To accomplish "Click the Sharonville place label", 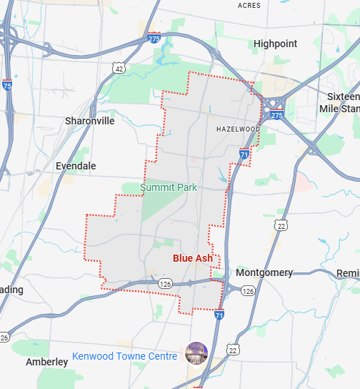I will click(x=89, y=121).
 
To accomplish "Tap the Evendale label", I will click(x=76, y=165).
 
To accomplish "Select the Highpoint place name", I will click(x=275, y=44).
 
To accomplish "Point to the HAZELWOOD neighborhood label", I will click(x=238, y=129).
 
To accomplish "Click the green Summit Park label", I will click(x=169, y=187).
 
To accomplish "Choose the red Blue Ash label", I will click(x=193, y=258).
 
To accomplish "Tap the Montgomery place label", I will click(x=264, y=272).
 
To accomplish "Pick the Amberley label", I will click(x=46, y=362).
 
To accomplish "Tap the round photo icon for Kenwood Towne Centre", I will click(x=195, y=353).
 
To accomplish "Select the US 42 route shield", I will click(x=119, y=68).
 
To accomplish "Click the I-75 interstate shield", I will click(x=7, y=85).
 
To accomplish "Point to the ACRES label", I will click(x=249, y=5).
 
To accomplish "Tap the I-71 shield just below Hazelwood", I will click(x=244, y=154).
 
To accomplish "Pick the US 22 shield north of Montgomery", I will click(x=281, y=225).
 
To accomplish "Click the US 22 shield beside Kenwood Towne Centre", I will click(x=232, y=349).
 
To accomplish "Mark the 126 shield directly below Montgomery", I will click(x=248, y=291).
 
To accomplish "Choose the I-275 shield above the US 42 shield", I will click(x=154, y=39).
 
